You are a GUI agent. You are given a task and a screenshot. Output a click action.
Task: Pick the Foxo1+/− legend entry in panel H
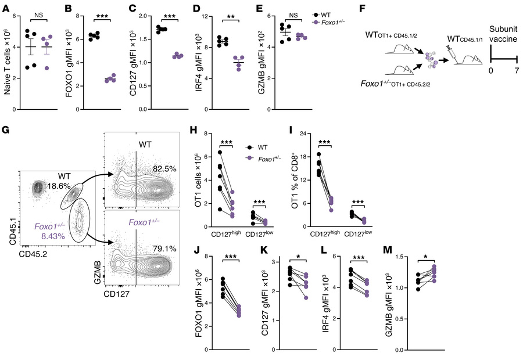tap(268, 159)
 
